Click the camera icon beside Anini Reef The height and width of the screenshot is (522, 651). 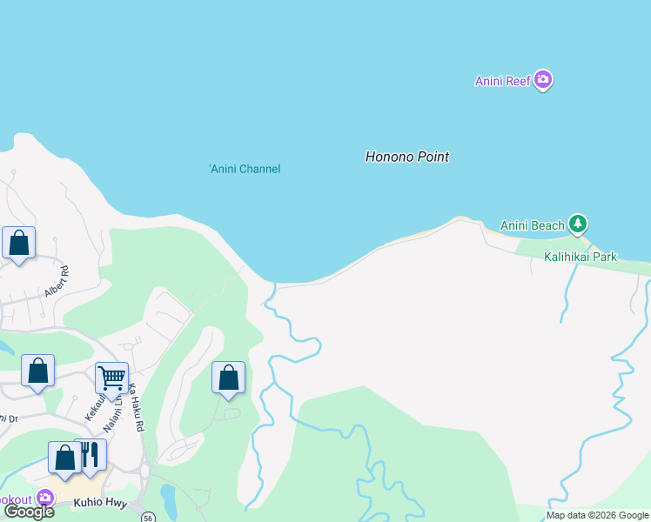pos(543,81)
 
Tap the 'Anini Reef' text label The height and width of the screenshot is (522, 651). pos(502,82)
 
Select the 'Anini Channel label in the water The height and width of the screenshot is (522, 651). pos(245,169)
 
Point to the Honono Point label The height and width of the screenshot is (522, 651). pos(406,157)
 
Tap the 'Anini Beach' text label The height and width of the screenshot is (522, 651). pos(533,226)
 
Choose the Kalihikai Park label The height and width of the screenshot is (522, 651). pos(580,257)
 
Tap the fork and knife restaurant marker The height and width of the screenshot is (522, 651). pos(90,454)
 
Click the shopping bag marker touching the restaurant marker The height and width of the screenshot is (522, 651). pos(65,458)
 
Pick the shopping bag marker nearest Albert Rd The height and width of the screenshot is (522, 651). pos(19,244)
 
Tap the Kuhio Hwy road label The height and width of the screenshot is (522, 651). pos(100,503)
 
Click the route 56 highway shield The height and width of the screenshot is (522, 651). pos(149,516)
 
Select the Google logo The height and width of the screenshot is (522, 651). pos(30,512)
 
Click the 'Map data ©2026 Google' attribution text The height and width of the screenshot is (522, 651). pos(596,515)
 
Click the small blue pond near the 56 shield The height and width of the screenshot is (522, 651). pos(168,498)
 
